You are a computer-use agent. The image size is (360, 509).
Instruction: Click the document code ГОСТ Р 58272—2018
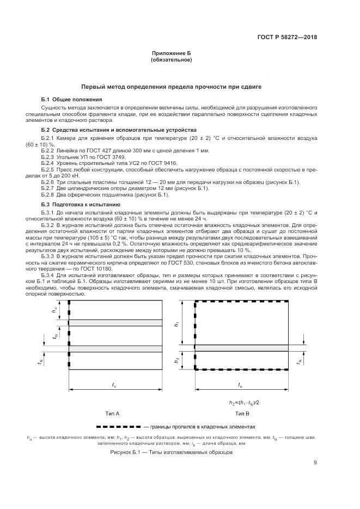pos(287,37)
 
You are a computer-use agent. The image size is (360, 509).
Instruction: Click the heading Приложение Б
pos(171,53)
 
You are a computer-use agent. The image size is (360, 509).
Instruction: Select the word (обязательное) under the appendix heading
pos(171,60)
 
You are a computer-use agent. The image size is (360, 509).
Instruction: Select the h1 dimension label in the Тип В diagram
pos(176,323)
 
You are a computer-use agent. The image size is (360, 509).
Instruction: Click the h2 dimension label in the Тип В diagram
pos(176,360)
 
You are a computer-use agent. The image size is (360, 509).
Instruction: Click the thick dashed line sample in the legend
pos(118,427)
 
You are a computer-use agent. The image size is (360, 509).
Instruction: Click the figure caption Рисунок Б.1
pos(171,452)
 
